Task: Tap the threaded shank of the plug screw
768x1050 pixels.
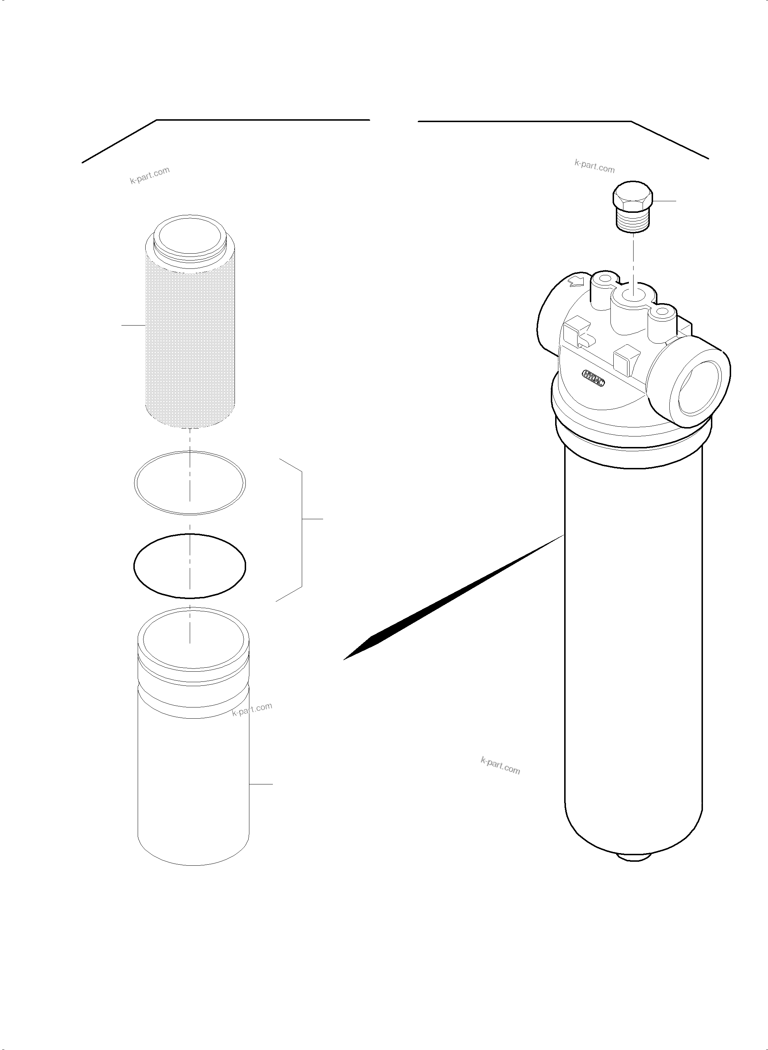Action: pos(632,220)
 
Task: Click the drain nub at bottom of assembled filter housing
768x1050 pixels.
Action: pos(635,855)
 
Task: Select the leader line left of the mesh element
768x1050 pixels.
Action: pos(133,325)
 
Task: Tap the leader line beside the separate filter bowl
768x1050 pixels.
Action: pos(261,784)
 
